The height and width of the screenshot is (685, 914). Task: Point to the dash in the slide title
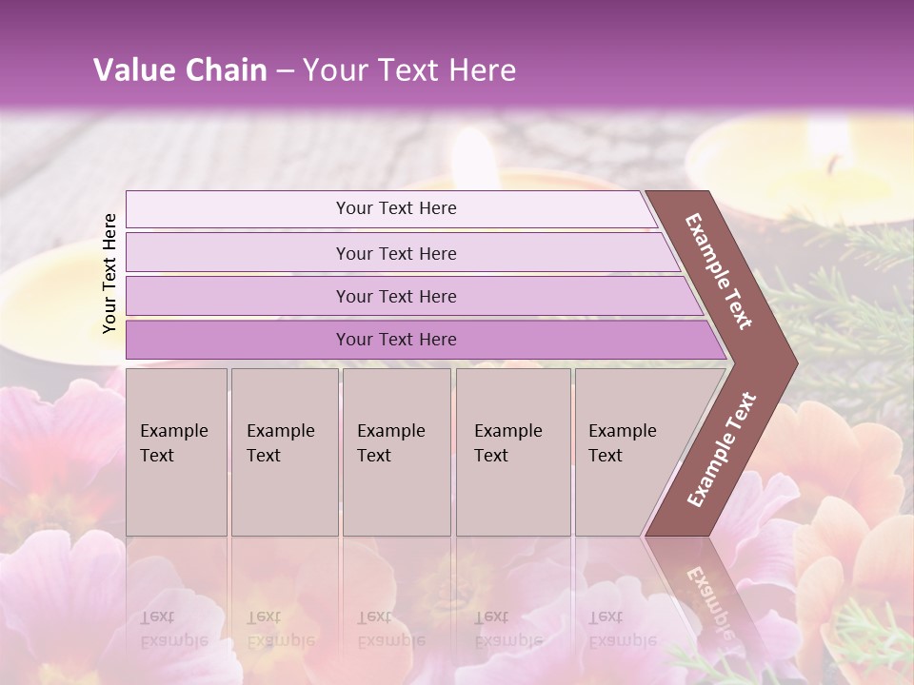click(285, 71)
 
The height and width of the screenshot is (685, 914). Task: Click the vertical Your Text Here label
click(109, 273)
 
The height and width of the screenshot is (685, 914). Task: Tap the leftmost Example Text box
click(176, 451)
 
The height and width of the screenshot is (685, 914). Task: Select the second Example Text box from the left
click(284, 451)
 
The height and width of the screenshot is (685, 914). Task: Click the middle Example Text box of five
click(396, 451)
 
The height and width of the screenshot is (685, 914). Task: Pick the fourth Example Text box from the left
click(513, 451)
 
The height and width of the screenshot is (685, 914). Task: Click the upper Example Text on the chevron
click(720, 271)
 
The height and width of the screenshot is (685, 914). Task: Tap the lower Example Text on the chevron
click(722, 449)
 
